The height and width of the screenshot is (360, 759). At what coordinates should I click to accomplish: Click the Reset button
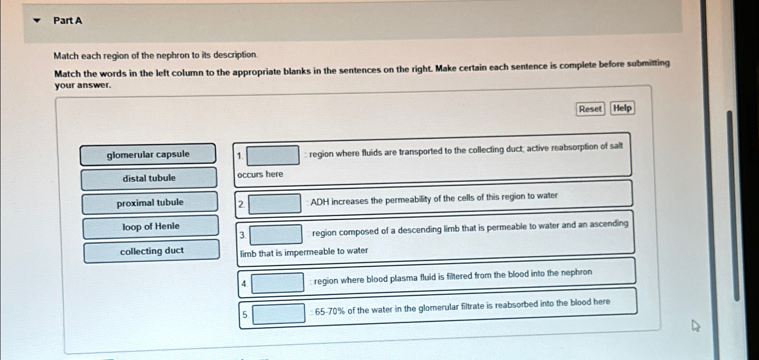click(x=590, y=109)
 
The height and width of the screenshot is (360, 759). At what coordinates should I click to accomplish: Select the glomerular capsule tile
click(x=148, y=155)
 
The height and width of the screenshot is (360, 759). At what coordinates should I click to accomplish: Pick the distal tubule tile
click(x=149, y=178)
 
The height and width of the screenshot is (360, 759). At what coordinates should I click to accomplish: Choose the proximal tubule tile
click(x=150, y=203)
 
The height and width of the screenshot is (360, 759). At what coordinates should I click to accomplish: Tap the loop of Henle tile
click(x=150, y=227)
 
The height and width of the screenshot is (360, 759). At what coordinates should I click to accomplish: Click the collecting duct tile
click(x=151, y=251)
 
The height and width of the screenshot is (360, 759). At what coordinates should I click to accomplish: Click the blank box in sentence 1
click(x=273, y=155)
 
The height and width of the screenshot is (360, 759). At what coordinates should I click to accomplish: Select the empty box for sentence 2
click(x=275, y=204)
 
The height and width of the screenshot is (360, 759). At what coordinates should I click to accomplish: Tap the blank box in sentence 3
click(x=276, y=235)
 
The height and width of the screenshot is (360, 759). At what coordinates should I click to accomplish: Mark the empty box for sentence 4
click(x=277, y=283)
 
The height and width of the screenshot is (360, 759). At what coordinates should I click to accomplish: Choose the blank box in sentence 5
click(x=278, y=314)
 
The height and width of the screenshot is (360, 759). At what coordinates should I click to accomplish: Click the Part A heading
click(x=68, y=21)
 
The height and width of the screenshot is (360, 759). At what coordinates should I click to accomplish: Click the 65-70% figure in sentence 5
click(x=330, y=311)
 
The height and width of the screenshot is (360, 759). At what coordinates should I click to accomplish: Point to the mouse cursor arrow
click(x=695, y=325)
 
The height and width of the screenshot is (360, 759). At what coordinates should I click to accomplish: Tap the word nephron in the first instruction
click(x=173, y=56)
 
